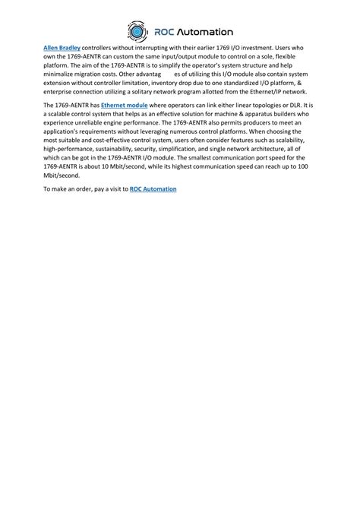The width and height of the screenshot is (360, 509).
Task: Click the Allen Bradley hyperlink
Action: pyautogui.click(x=62, y=46)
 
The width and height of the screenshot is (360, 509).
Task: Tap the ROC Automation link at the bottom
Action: pyautogui.click(x=153, y=188)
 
